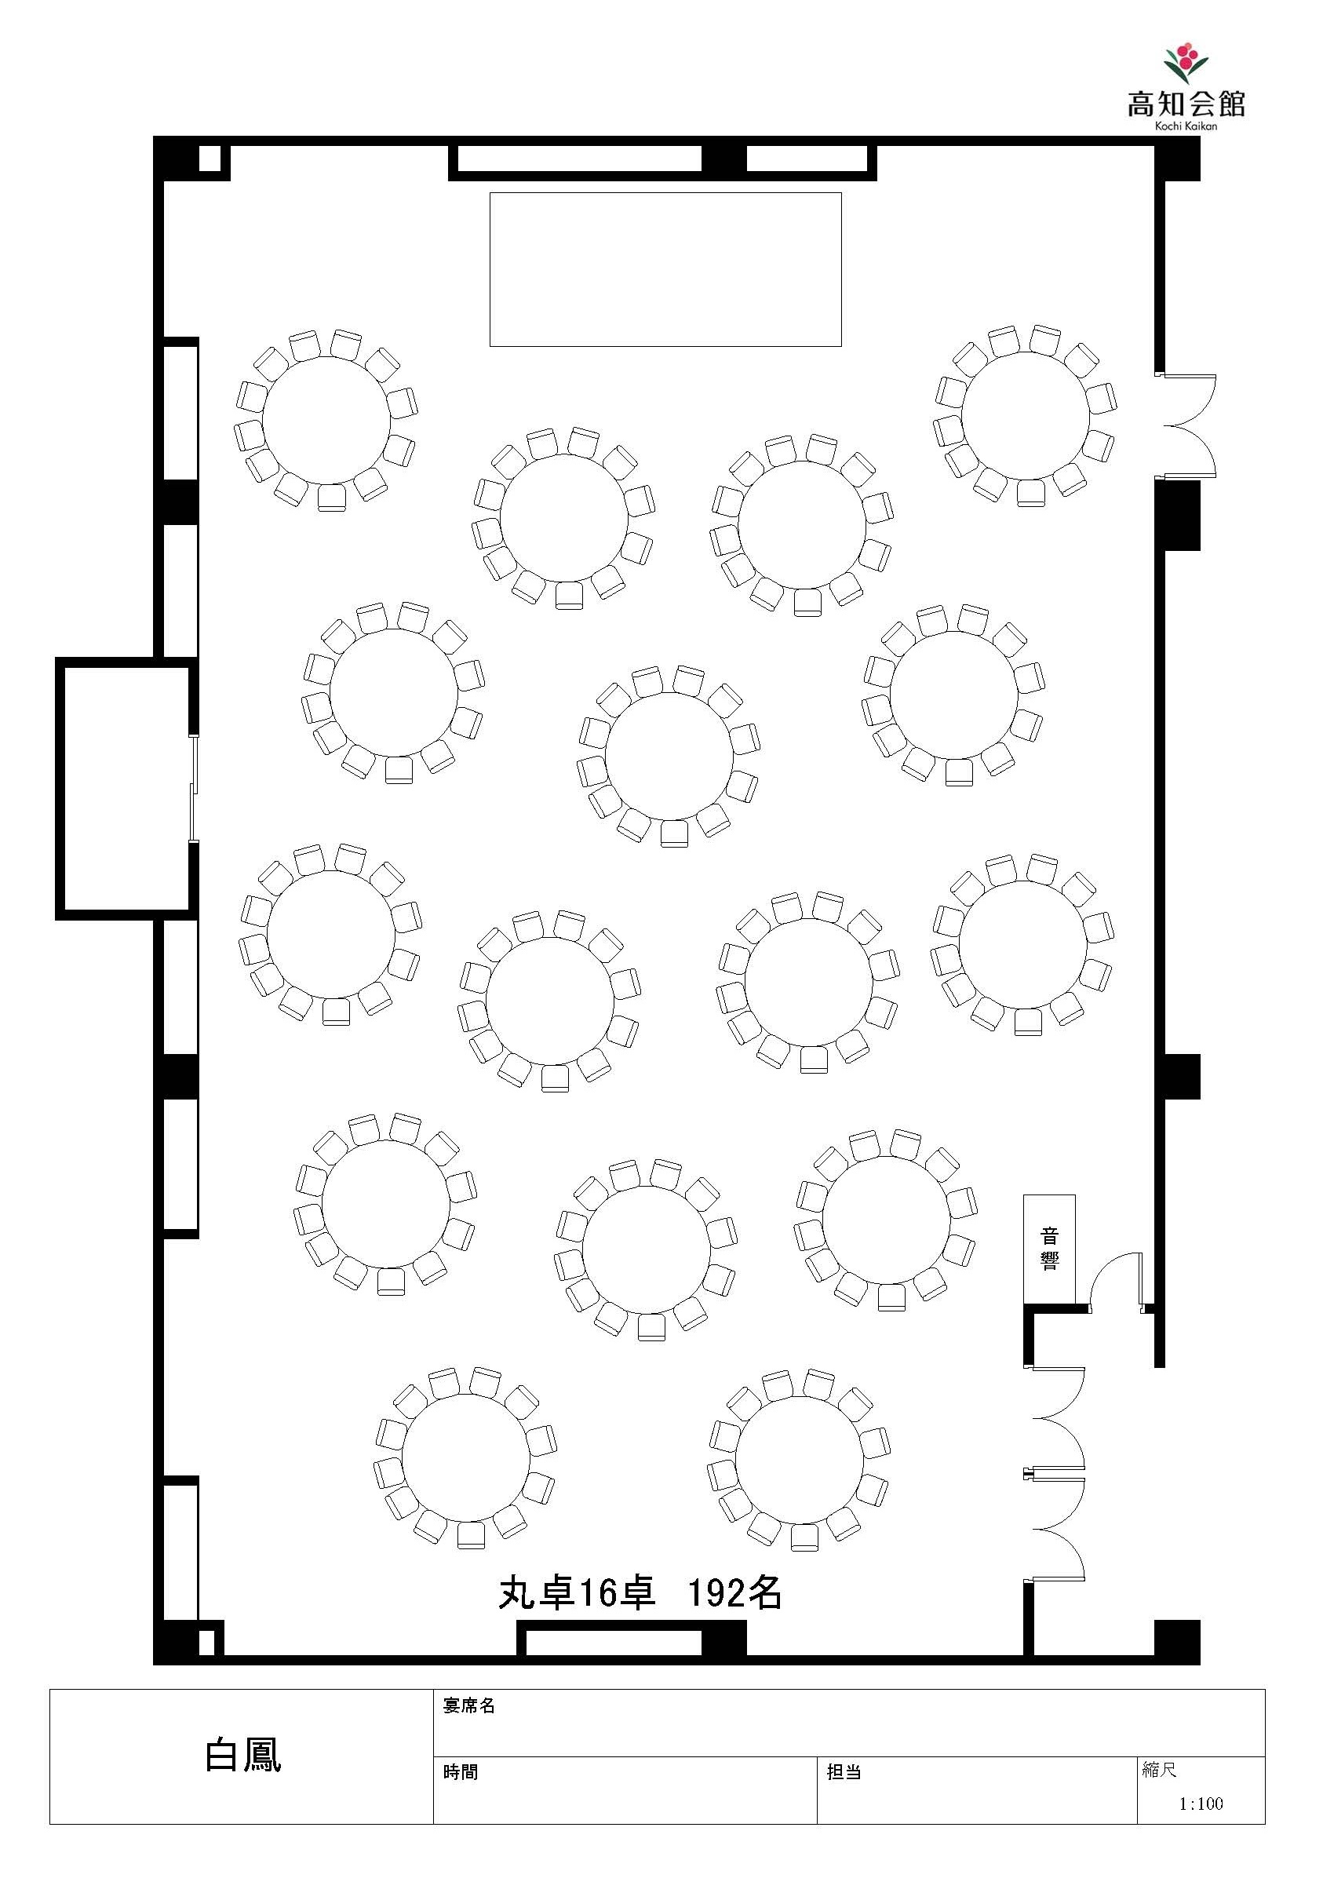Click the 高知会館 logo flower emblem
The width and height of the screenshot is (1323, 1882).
(x=1186, y=64)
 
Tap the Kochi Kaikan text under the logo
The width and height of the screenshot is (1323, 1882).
(x=1186, y=126)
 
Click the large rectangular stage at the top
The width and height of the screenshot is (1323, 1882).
(x=665, y=270)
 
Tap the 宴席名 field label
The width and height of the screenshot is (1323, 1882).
(x=469, y=1705)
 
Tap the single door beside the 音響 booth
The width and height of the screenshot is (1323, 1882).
(x=1115, y=1284)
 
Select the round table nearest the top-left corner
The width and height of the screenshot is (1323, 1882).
(x=326, y=421)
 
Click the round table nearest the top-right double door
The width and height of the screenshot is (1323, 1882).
(x=1026, y=416)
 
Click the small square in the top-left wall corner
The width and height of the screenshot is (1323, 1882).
(x=210, y=159)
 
